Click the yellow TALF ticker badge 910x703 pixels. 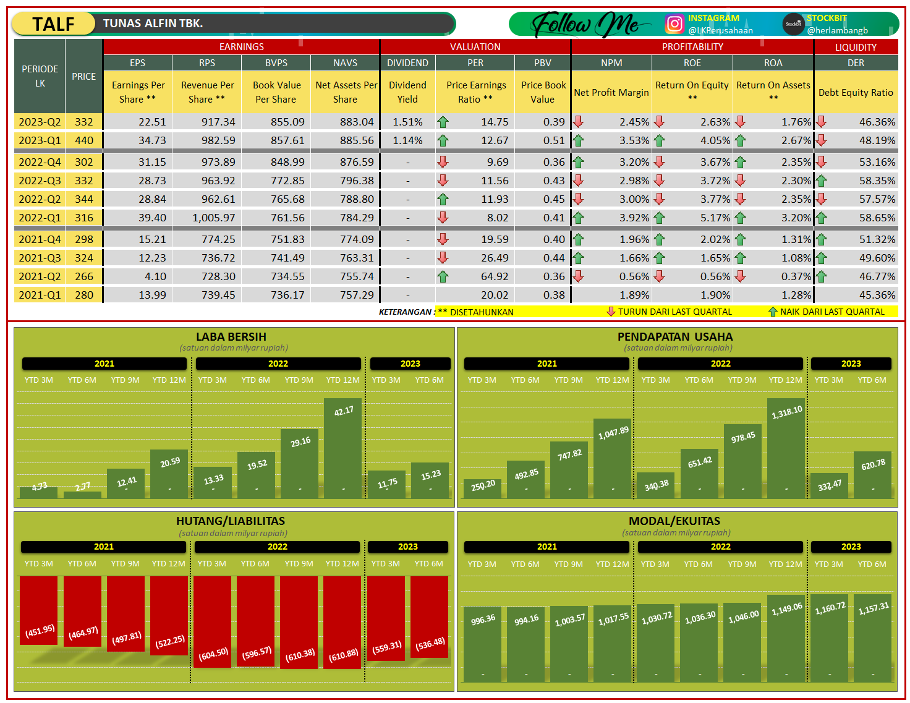53,24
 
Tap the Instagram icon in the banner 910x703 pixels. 674,24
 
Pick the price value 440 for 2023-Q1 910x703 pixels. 84,140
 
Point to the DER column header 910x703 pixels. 856,63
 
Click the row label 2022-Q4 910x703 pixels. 40,162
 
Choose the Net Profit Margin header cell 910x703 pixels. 611,93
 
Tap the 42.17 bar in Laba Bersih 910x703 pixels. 342,448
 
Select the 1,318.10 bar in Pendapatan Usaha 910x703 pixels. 786,448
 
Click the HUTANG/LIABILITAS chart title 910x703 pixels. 231,521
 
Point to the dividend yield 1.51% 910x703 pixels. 407,122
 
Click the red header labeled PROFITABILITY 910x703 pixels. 692,47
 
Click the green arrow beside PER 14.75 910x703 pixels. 443,122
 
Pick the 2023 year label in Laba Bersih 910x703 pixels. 410,364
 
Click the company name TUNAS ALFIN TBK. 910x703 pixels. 153,23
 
